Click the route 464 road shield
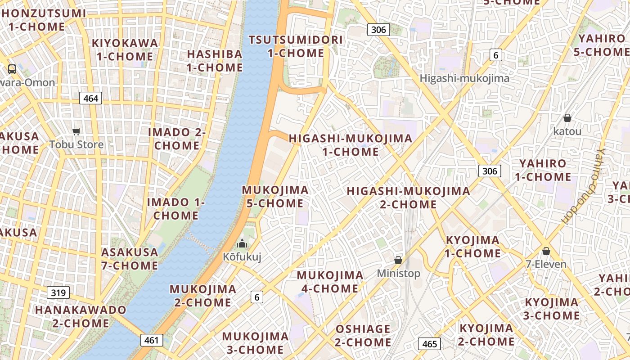(x=91, y=98)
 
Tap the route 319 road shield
(x=58, y=293)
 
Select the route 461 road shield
(x=152, y=340)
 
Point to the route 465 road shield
(x=430, y=344)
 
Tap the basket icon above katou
(x=567, y=118)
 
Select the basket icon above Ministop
(x=398, y=260)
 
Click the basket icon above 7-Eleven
(x=546, y=251)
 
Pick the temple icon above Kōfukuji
(x=242, y=244)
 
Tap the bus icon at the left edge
(x=12, y=69)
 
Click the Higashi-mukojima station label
(x=464, y=78)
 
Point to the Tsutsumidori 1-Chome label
(x=296, y=46)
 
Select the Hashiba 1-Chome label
(x=215, y=61)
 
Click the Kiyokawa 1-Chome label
(x=125, y=49)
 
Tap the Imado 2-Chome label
(x=177, y=139)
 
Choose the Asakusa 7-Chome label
(x=130, y=259)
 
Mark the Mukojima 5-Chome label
(x=275, y=197)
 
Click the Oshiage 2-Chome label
(x=363, y=336)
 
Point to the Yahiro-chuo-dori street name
(x=584, y=186)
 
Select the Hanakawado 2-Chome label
(x=81, y=316)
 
